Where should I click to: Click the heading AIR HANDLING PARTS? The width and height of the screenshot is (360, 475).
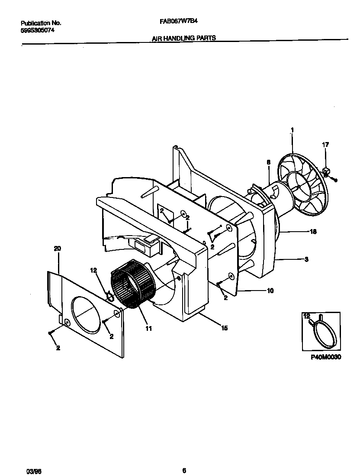184,38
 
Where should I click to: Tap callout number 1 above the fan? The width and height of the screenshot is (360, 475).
292,129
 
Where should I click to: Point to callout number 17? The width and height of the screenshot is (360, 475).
325,145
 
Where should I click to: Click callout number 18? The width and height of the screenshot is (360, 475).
313,232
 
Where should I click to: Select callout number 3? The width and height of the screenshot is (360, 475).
306,259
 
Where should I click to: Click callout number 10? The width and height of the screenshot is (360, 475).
270,291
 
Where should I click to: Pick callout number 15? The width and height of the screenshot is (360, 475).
224,328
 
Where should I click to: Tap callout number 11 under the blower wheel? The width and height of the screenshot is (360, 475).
148,329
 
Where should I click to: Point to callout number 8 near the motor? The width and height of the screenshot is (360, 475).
268,162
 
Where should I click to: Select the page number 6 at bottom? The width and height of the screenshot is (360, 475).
184,459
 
